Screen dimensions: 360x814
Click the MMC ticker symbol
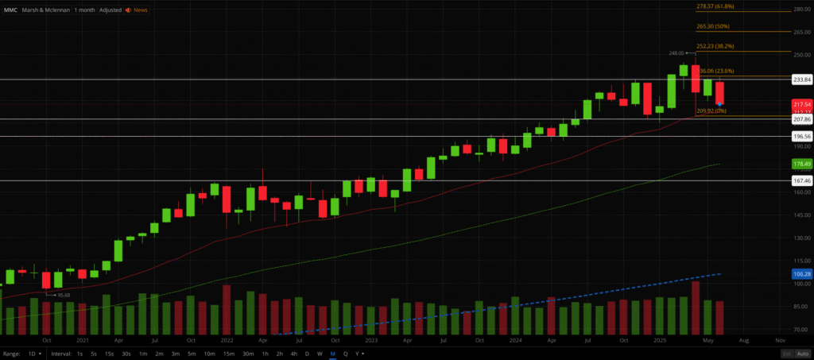click(x=10, y=10)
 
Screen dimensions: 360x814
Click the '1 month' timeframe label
click(x=84, y=10)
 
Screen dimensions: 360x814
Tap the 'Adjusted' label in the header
click(x=110, y=10)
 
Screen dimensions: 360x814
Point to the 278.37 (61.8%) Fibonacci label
click(x=714, y=6)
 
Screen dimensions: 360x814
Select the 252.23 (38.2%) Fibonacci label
click(x=714, y=46)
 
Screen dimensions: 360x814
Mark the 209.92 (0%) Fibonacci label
click(x=711, y=110)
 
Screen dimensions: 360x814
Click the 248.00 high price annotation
click(x=676, y=54)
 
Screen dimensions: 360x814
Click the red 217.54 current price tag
click(x=801, y=104)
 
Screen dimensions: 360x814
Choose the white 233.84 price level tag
click(x=801, y=79)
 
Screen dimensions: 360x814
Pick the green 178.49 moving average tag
click(x=801, y=164)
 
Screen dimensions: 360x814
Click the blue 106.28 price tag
click(x=801, y=274)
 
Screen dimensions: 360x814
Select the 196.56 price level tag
click(x=801, y=137)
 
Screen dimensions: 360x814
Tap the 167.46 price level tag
click(x=801, y=180)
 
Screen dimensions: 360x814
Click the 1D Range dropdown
click(x=34, y=353)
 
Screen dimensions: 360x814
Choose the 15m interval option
click(x=228, y=353)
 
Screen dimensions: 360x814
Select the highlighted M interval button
click(x=332, y=353)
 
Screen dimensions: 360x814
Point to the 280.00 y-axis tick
click(x=800, y=10)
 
